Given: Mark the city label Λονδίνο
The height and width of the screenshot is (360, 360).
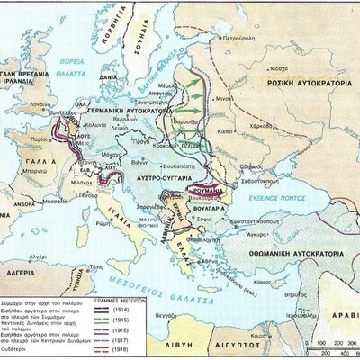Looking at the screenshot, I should tap(40, 104).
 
